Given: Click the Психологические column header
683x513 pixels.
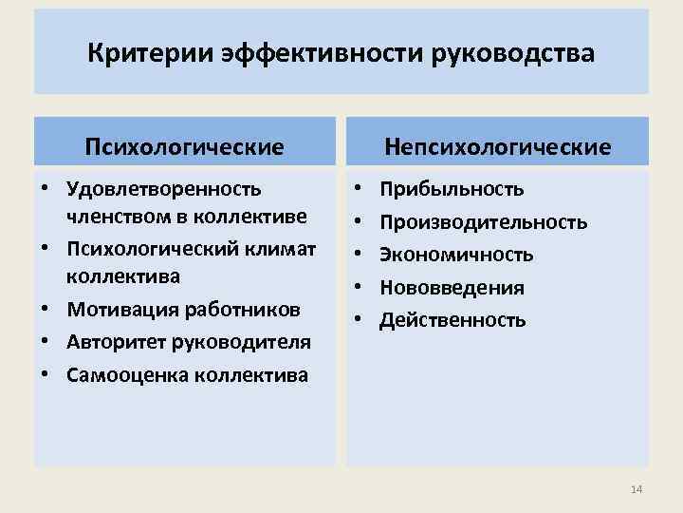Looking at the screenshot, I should click(x=184, y=146).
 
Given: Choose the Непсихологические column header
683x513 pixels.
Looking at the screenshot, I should click(x=497, y=146).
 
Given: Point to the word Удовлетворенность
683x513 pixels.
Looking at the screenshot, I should click(x=164, y=190).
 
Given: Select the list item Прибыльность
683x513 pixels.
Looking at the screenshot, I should click(x=452, y=190).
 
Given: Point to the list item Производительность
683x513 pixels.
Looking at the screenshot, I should click(x=483, y=222).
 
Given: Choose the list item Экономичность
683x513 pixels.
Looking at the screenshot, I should click(x=456, y=255).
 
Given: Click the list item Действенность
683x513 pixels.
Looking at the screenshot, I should click(x=452, y=319).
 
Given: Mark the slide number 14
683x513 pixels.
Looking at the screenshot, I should click(x=636, y=489).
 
